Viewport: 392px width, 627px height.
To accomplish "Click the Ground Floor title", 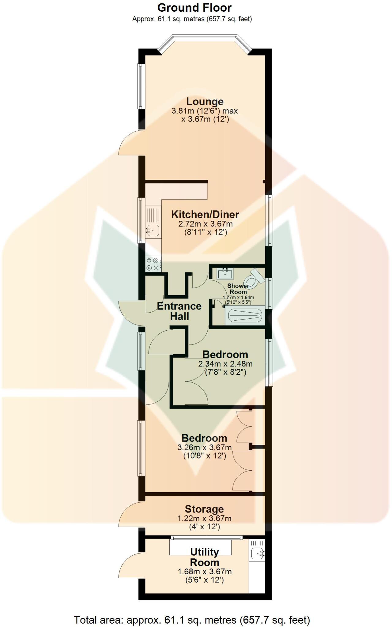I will pyautogui.click(x=194, y=7).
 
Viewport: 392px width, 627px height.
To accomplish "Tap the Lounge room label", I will pyautogui.click(x=205, y=101).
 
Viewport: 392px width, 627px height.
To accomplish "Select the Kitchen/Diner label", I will pyautogui.click(x=205, y=214).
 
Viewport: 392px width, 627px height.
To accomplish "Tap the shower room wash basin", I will pyautogui.click(x=225, y=273).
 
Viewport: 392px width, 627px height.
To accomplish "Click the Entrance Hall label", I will pyautogui.click(x=179, y=311).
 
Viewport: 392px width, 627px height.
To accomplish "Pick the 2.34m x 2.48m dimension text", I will pyautogui.click(x=225, y=364).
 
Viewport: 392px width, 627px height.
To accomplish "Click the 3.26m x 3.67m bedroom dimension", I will pyautogui.click(x=205, y=448).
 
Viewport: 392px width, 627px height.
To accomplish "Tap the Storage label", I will pyautogui.click(x=204, y=509).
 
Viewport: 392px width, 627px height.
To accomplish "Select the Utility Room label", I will pyautogui.click(x=204, y=557).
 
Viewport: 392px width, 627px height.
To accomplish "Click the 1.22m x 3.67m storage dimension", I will pyautogui.click(x=204, y=519).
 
